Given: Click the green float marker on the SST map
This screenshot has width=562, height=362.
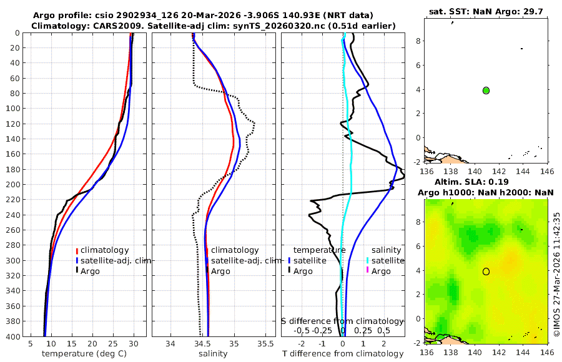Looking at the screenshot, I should coord(486,90).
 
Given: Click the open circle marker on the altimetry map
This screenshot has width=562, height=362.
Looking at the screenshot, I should coord(486,271).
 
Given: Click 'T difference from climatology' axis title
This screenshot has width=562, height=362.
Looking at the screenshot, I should coord(343,354).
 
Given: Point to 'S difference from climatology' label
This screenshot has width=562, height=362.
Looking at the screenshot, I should coord(343,321).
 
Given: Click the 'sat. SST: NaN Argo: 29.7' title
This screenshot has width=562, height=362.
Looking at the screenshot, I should coord(486,12).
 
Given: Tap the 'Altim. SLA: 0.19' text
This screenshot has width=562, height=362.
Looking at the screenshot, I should coord(486,182).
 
